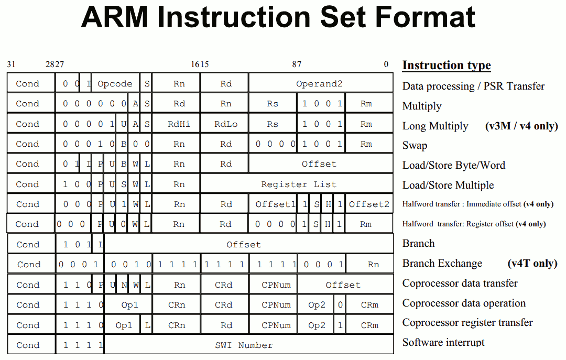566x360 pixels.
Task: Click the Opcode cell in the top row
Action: coord(115,83)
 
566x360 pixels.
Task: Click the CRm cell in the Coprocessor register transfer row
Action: coord(369,325)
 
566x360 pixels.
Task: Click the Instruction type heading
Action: coord(447,66)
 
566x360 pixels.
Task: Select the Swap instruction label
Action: coord(415,145)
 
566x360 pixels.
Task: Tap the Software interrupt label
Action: coord(443,342)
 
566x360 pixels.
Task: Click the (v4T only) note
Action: coord(532,263)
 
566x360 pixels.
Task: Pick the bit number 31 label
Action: coord(11,64)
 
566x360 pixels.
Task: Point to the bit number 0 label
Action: coord(386,64)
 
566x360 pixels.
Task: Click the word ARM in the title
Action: coord(115,17)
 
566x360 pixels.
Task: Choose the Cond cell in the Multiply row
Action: coord(27,104)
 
